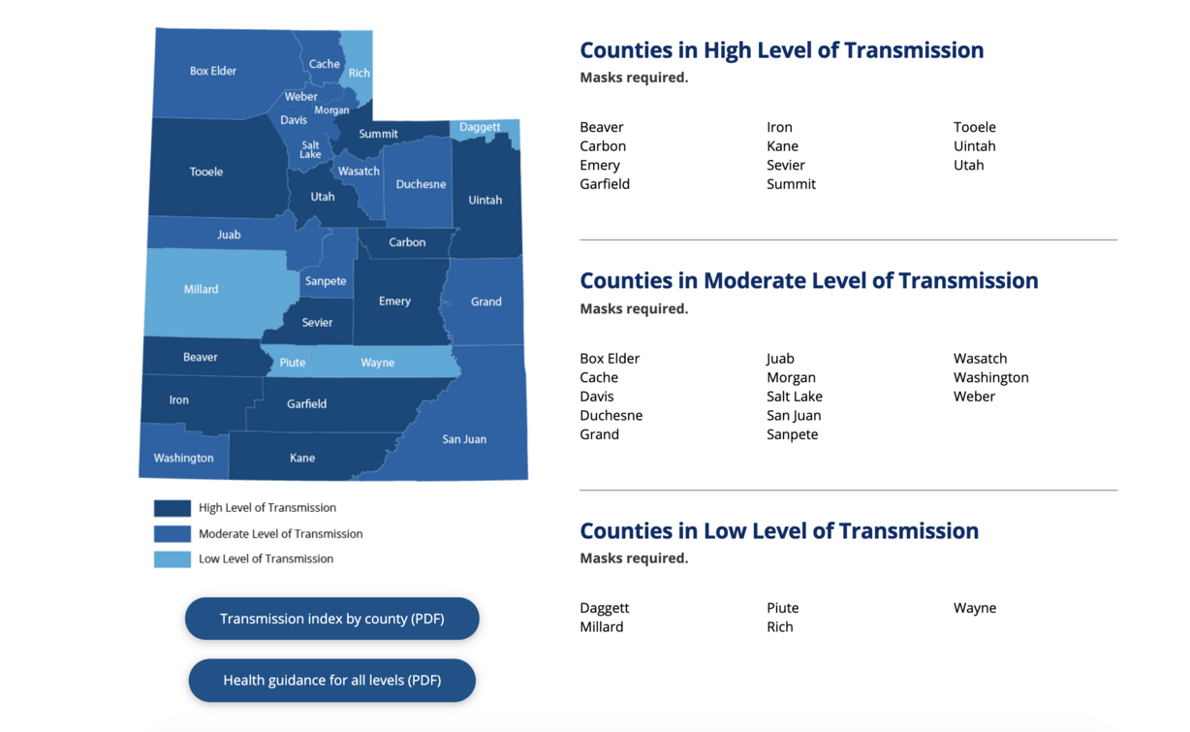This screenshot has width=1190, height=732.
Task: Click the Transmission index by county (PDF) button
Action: [x=331, y=619]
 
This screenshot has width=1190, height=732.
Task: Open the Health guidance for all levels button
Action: [x=331, y=681]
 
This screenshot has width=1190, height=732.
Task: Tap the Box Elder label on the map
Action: [x=212, y=71]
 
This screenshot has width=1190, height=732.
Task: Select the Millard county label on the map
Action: [x=201, y=289]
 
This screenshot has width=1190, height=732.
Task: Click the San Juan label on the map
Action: [x=464, y=439]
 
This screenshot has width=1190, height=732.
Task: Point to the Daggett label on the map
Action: [x=480, y=127]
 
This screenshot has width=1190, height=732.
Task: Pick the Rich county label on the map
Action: [x=359, y=73]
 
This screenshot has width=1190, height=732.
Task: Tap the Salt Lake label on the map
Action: [x=310, y=149]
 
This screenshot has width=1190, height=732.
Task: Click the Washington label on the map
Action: [x=183, y=458]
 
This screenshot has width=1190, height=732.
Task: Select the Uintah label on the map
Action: [x=485, y=200]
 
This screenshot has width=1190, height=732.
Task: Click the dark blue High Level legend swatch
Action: [x=172, y=508]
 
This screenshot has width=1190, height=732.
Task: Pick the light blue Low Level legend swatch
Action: [x=172, y=559]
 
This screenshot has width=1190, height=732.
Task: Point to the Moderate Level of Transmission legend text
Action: [x=280, y=533]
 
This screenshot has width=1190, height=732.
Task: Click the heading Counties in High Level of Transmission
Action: [x=781, y=50]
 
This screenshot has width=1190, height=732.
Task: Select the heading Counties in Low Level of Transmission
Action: [x=778, y=530]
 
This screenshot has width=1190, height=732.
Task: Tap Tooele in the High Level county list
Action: [x=974, y=127]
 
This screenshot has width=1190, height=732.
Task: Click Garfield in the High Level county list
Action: [x=605, y=184]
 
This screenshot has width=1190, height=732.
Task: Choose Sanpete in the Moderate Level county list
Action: [x=792, y=434]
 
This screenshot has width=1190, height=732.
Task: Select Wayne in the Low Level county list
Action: [x=974, y=608]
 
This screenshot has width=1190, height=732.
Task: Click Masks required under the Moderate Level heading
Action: [x=634, y=308]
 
